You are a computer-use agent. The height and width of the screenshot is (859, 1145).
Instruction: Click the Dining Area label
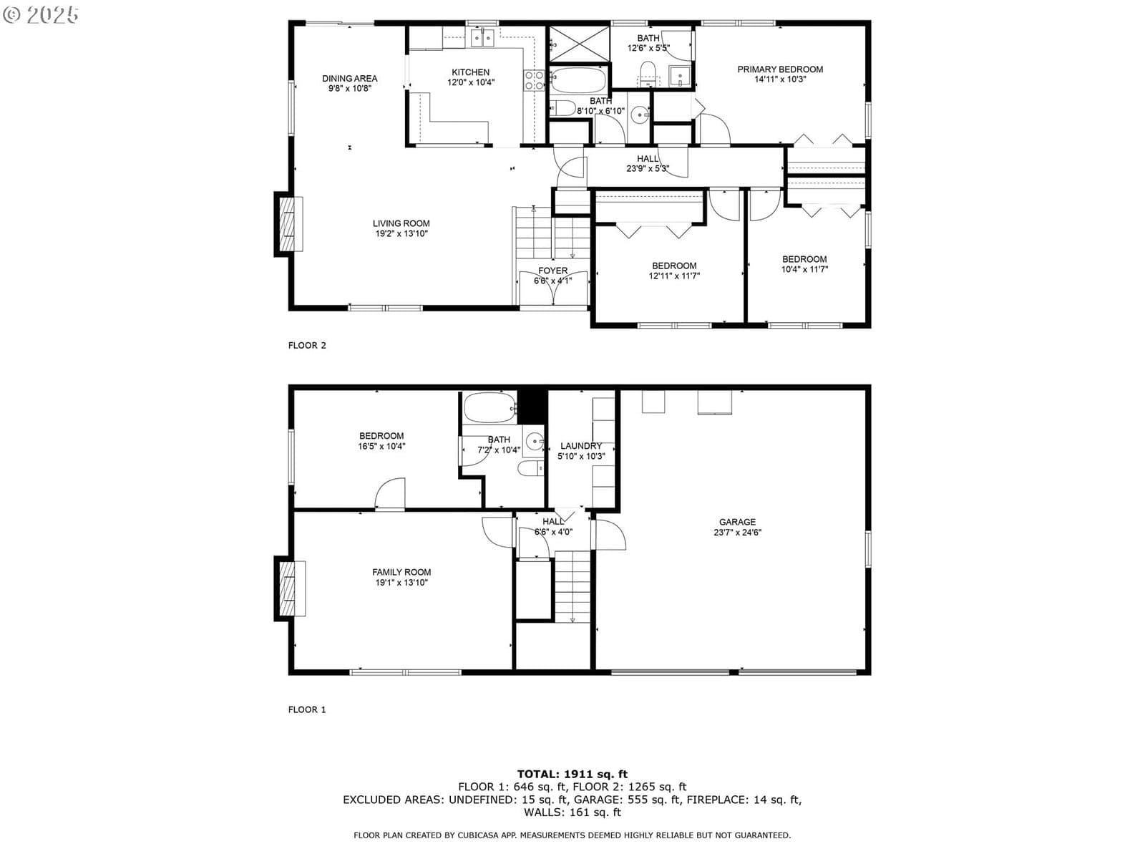click(x=349, y=78)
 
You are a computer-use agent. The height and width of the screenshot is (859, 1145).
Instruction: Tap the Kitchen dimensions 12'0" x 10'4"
click(x=470, y=82)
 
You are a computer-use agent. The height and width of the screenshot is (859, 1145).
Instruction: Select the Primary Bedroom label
click(x=780, y=69)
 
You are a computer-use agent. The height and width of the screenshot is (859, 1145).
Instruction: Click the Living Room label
click(x=401, y=223)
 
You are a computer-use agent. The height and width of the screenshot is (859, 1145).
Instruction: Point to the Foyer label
click(x=552, y=271)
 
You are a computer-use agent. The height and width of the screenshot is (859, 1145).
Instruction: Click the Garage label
click(x=737, y=522)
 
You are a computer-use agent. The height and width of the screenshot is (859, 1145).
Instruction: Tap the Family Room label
click(x=401, y=572)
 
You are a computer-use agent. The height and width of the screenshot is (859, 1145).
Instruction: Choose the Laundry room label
click(x=580, y=446)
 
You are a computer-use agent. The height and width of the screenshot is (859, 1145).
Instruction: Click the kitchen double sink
click(x=482, y=38)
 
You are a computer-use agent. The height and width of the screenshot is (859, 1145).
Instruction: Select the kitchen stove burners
click(x=534, y=81)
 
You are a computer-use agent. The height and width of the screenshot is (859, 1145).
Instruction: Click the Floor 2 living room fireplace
click(x=288, y=224)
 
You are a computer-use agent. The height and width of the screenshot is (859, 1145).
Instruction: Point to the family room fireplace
click(x=289, y=589)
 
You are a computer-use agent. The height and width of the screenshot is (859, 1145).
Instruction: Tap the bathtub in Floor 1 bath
click(x=489, y=408)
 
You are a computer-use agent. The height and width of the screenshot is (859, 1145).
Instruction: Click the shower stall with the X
click(x=579, y=44)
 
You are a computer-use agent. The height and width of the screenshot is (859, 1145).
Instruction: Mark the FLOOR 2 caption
click(x=307, y=345)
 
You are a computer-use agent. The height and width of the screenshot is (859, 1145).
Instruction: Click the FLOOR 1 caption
click(x=307, y=709)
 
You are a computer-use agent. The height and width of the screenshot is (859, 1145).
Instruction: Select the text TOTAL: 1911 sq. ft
click(x=572, y=774)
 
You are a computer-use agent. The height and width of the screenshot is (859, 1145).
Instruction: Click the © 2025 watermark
click(x=40, y=14)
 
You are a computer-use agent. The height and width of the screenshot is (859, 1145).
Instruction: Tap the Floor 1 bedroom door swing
click(x=389, y=492)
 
